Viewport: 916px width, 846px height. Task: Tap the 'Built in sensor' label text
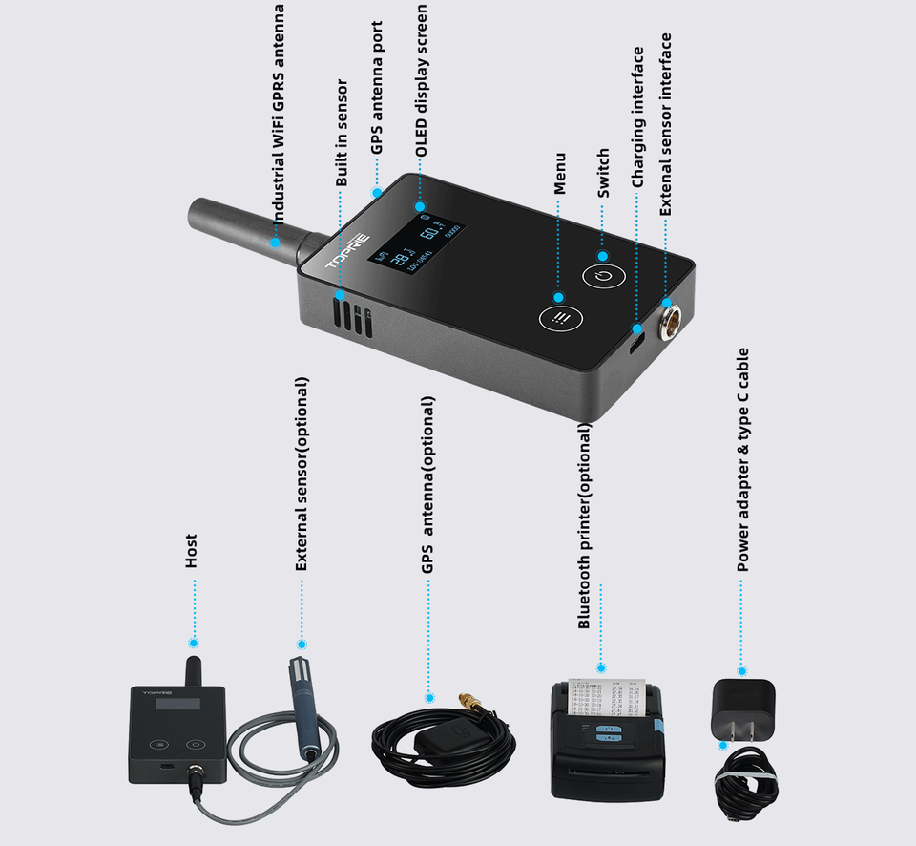341,133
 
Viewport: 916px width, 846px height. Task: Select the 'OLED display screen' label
421,80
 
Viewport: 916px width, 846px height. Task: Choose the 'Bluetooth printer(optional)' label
584,526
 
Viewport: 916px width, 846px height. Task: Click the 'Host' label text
192,551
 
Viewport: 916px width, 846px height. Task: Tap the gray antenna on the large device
248,226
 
